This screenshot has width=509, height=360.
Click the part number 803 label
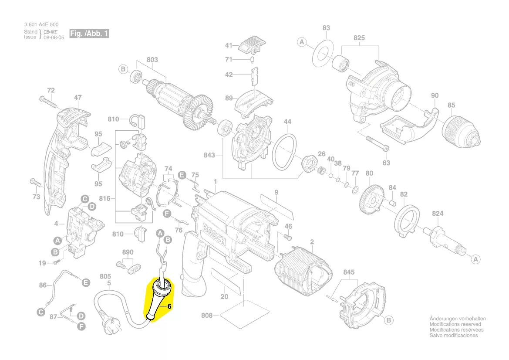pos(152,60)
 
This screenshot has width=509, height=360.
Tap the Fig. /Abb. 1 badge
pos(89,34)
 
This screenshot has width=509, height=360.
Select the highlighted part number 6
pos(170,306)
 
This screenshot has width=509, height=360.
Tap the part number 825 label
pos(359,38)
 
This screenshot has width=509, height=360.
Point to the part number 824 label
pos(438,213)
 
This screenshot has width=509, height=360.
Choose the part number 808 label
pos(207,315)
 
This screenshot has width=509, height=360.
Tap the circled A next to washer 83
pos(302,42)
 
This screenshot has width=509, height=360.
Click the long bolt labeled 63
pos(377,144)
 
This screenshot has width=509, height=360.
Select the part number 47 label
pos(78,98)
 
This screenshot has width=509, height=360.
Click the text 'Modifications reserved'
pos(455,324)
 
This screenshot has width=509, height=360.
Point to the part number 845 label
pos(349,272)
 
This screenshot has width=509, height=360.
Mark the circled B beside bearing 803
pos(123,69)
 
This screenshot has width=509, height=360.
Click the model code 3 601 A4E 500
pos(41,25)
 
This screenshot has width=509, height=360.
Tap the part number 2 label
pos(312,242)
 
